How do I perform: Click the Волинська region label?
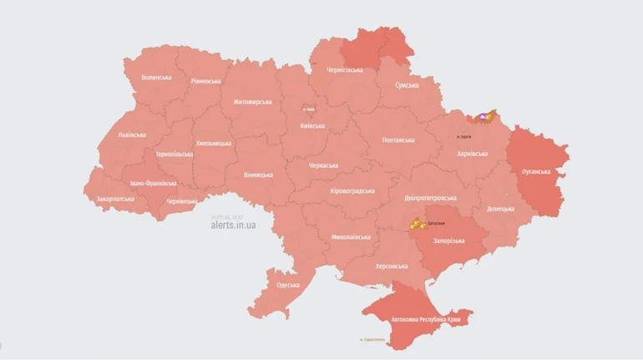point(156,77)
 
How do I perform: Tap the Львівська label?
point(132,134)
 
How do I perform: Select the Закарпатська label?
point(115,199)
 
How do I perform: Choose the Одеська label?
point(288,285)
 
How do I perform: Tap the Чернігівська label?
point(344,70)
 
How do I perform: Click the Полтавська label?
point(397,139)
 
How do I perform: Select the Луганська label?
point(535,171)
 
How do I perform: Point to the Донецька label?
point(501,208)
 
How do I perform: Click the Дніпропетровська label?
point(430,198)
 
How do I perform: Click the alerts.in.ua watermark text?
point(233,226)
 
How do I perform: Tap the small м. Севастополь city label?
point(372,340)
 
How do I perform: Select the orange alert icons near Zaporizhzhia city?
point(416,223)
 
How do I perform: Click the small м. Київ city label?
point(309,109)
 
